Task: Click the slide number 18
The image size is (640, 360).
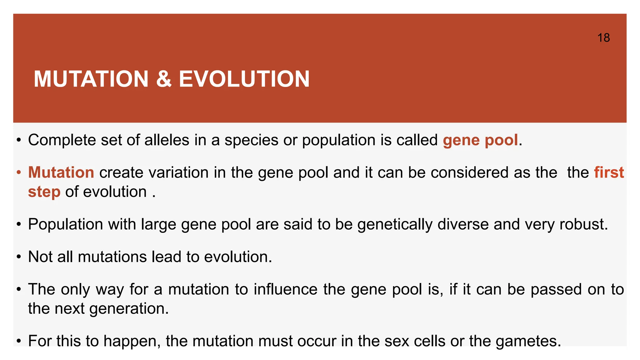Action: tap(603, 38)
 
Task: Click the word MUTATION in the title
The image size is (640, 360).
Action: tap(91, 79)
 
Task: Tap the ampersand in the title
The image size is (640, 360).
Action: tap(164, 79)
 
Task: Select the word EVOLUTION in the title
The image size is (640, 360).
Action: tap(244, 79)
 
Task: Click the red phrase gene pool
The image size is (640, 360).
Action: tap(480, 140)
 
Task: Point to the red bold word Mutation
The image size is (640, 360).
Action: tap(61, 172)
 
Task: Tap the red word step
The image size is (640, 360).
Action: tap(44, 192)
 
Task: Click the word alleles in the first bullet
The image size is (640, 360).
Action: tap(167, 140)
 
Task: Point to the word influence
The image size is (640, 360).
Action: tap(286, 289)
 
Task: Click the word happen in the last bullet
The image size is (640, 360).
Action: tap(132, 341)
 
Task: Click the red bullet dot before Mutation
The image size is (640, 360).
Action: tap(19, 172)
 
